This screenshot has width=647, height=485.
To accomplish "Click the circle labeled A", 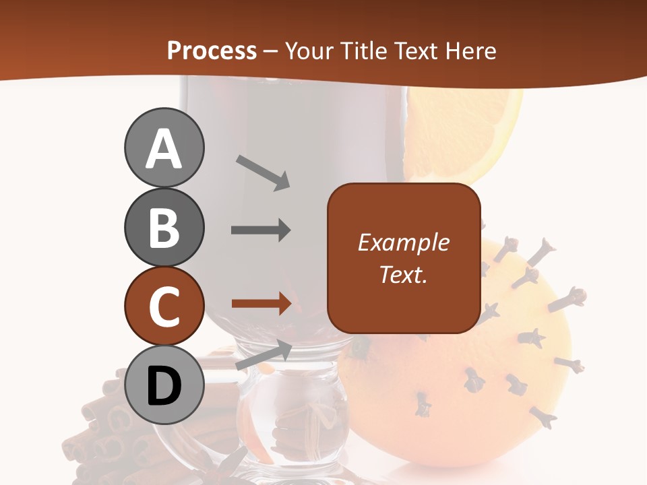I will pyautogui.click(x=164, y=148).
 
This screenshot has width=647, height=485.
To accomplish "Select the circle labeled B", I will pyautogui.click(x=164, y=227).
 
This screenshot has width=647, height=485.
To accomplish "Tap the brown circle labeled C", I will pyautogui.click(x=164, y=306).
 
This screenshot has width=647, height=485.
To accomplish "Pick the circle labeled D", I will pyautogui.click(x=164, y=385).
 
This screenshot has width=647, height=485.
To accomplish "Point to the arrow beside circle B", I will pyautogui.click(x=261, y=230).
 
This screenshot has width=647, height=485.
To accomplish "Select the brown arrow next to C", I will pyautogui.click(x=261, y=304).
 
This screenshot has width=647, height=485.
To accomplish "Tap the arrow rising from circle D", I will pyautogui.click(x=264, y=356).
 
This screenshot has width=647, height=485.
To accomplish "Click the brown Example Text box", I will pyautogui.click(x=404, y=259).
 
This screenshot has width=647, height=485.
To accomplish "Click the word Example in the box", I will pyautogui.click(x=403, y=243).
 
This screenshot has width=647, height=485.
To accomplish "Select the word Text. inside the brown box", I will pyautogui.click(x=403, y=274).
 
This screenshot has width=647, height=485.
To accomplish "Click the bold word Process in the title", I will pyautogui.click(x=212, y=51).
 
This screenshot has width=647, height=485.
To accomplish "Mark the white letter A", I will pyautogui.click(x=164, y=148).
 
